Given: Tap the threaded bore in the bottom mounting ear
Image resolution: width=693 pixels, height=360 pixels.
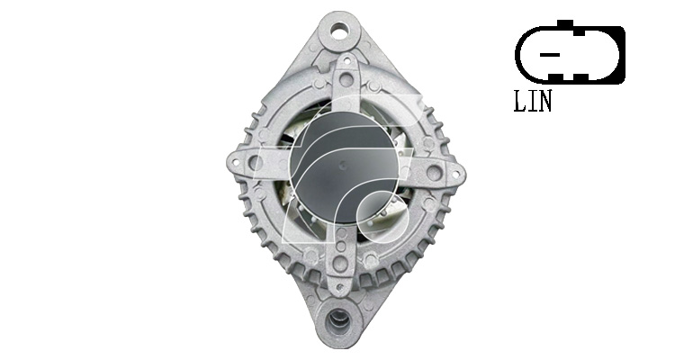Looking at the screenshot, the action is pos(339,318).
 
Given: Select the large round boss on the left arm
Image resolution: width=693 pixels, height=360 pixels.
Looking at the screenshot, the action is pos(256,163).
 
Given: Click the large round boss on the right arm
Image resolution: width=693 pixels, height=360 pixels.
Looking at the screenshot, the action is pos(435,172).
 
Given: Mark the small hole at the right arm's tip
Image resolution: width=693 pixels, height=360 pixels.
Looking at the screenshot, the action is pos(454,175).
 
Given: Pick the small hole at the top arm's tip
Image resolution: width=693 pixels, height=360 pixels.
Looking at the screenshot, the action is pos(346,61).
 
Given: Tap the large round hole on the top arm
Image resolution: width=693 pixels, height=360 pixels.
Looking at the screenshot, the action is pos(346,80).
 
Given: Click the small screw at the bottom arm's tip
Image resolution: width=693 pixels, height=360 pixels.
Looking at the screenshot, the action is pos(339,288).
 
